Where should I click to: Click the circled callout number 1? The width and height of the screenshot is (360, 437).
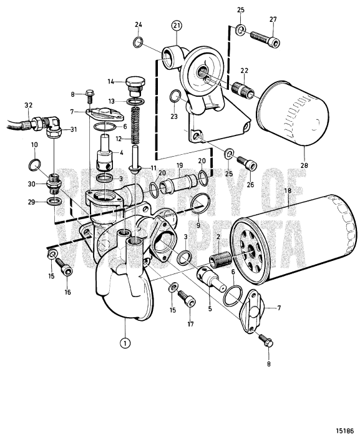[125, 342]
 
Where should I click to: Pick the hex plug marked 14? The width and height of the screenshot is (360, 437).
[134, 84]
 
